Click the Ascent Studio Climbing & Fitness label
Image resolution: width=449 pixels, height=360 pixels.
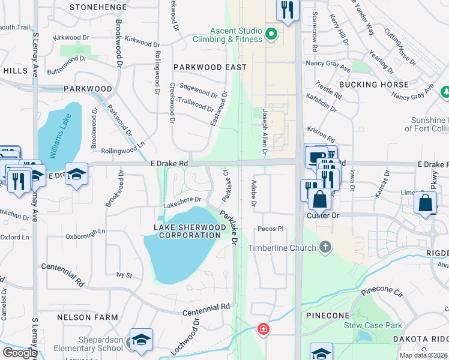(x=236, y=35)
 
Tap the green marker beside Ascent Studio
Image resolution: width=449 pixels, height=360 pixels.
(x=271, y=34)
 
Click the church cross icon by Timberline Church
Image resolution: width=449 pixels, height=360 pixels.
(x=325, y=247)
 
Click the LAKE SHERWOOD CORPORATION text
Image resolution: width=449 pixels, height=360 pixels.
(x=187, y=231)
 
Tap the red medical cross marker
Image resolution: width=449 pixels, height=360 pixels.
(x=263, y=329)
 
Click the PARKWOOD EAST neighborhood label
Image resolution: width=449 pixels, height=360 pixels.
(x=210, y=67)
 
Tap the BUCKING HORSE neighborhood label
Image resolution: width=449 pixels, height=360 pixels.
(x=373, y=85)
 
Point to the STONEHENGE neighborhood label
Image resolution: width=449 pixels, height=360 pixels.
(x=98, y=7)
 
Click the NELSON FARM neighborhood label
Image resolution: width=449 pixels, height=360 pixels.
(x=81, y=317)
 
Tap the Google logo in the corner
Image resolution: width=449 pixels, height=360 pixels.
(x=20, y=353)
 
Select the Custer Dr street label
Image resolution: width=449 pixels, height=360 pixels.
(x=323, y=215)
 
